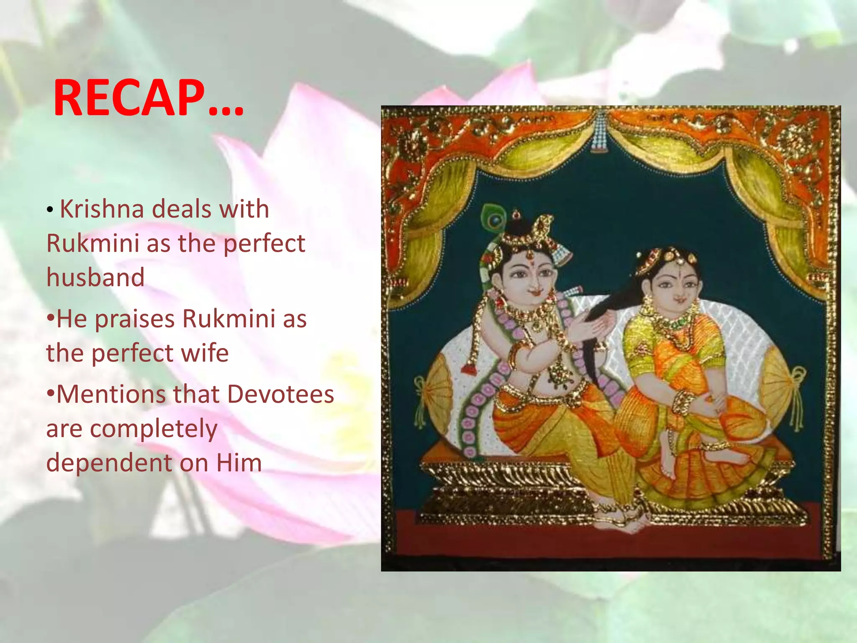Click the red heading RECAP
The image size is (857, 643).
point(149,99)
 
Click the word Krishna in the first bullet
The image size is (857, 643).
point(102,209)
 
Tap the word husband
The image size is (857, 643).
point(95,278)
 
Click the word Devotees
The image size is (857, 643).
point(280,394)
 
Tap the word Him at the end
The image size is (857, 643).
point(239,463)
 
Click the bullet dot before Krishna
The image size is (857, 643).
point(50,210)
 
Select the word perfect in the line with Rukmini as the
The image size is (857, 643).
point(264,243)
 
